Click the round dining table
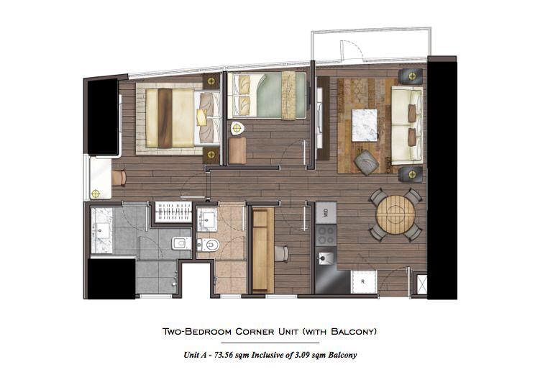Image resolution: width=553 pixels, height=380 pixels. point(396,214)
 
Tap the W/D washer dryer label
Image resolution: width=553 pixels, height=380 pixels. point(326,213)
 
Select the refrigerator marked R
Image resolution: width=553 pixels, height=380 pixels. point(364,281)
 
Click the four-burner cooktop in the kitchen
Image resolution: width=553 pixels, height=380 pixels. point(326,235)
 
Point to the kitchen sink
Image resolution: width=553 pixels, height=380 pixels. point(325,258)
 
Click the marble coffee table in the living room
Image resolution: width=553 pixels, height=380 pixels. point(365,125)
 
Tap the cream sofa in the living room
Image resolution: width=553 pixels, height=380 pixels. point(407,125)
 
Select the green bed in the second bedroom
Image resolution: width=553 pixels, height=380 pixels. point(267,95)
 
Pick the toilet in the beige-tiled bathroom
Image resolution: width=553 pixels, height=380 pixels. point(209,245)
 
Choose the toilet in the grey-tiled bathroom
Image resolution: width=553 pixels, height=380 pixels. point(182,243)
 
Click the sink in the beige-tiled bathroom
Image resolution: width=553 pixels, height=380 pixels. point(206,219)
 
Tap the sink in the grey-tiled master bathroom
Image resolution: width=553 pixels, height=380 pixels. point(101,231)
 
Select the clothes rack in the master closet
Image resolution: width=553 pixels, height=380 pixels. point(173,212)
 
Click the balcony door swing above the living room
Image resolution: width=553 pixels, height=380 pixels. point(352,49)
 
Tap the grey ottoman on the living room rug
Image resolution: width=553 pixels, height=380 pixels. point(367,163)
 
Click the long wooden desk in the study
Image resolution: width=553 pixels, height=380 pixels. point(263,250)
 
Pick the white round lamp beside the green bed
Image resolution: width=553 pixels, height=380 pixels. point(238,128)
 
